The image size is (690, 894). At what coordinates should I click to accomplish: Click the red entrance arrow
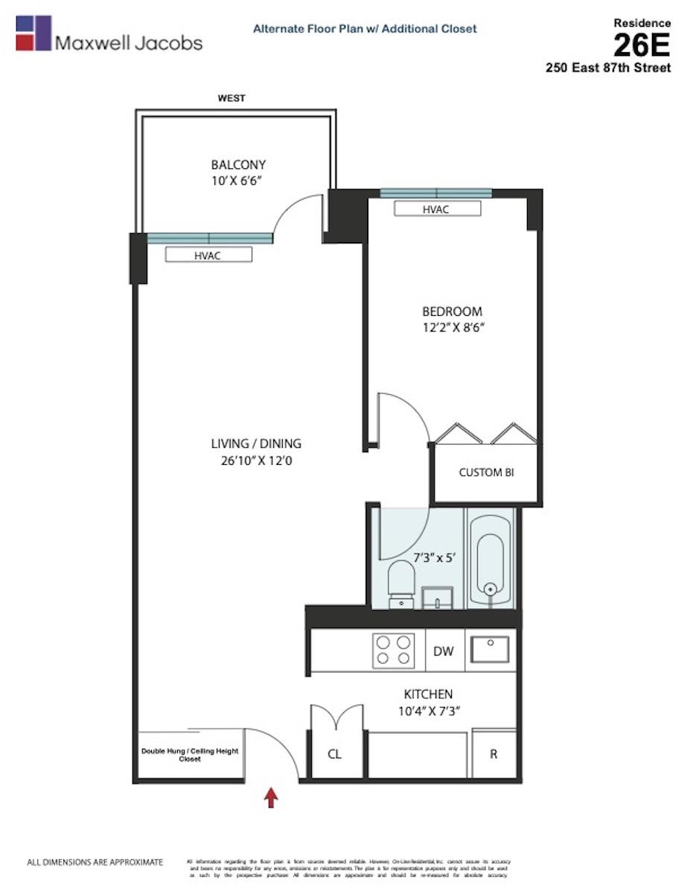point(272,799)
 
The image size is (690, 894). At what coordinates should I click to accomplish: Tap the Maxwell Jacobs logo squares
point(33,33)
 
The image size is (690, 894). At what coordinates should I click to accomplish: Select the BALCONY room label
point(238,165)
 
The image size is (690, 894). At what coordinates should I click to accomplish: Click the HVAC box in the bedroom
point(436,209)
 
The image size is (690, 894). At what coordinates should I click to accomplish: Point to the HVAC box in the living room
point(208,255)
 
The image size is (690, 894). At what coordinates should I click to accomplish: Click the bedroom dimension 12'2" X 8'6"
point(453,326)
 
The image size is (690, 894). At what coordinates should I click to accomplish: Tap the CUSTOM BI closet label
point(486,472)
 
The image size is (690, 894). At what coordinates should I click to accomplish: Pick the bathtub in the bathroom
point(490,557)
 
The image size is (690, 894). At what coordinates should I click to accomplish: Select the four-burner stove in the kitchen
point(393,650)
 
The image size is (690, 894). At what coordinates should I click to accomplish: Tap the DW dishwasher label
point(444,651)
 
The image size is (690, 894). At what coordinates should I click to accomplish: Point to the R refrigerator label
point(493,754)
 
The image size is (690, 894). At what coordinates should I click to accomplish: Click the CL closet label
point(335,754)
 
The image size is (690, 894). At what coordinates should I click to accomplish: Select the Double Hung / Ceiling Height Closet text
point(190,755)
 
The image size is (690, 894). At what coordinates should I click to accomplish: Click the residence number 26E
point(642,46)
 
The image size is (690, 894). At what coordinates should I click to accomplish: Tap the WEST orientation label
point(231,98)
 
